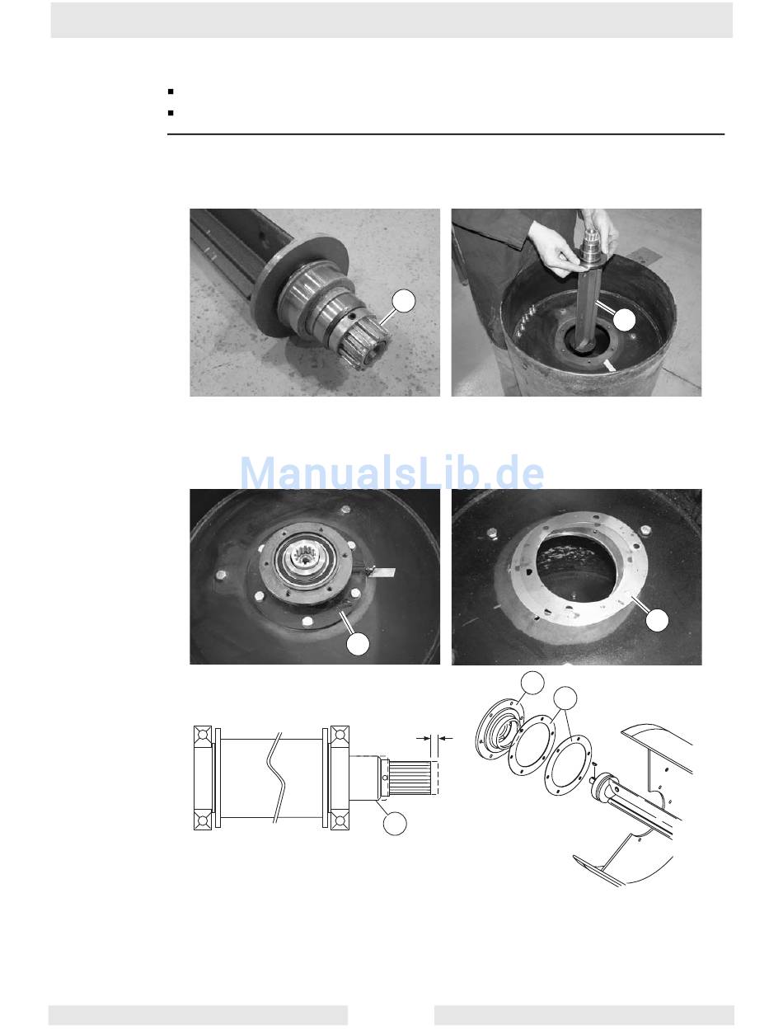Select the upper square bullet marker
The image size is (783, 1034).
click(x=171, y=92)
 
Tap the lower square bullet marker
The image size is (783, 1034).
click(x=171, y=113)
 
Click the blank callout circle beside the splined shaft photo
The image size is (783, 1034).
click(x=404, y=301)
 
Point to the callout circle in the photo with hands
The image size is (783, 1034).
click(x=624, y=320)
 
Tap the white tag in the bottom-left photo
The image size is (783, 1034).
click(x=383, y=572)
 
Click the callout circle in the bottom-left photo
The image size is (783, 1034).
click(x=358, y=643)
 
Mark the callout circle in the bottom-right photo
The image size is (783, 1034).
click(x=657, y=620)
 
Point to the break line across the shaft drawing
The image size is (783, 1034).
click(x=277, y=778)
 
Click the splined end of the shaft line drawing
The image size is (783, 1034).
click(x=410, y=778)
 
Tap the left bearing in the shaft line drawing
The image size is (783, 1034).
click(x=203, y=778)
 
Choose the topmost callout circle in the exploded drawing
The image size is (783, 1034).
click(x=532, y=683)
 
